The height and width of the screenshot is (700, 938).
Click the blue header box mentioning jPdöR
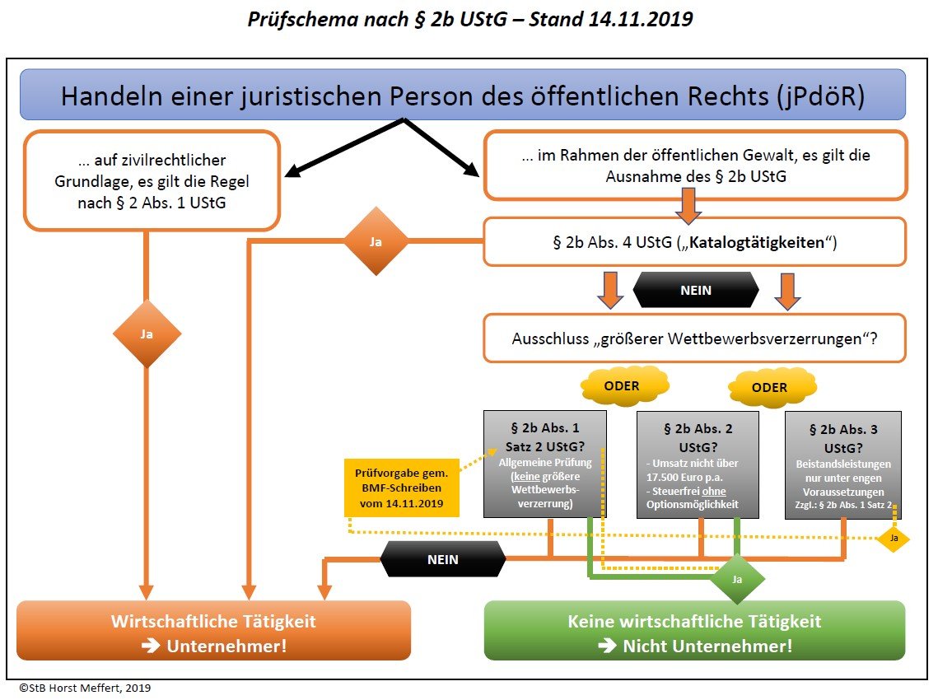(x=462, y=95)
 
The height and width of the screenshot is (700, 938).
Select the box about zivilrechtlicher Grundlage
(x=152, y=180)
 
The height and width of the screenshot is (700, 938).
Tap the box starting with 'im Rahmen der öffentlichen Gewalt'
(x=695, y=166)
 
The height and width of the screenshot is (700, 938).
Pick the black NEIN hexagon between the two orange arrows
(x=696, y=290)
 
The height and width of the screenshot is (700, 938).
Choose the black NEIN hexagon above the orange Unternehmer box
(x=442, y=559)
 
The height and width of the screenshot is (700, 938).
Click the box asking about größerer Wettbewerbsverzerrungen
(x=695, y=338)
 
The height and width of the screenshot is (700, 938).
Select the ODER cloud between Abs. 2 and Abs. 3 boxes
(x=769, y=387)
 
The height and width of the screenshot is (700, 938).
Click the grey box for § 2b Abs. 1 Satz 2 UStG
(x=545, y=464)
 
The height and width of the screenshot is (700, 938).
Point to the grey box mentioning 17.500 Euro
(x=699, y=464)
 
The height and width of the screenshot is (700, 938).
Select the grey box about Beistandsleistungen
(x=843, y=464)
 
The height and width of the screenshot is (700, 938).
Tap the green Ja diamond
(x=737, y=579)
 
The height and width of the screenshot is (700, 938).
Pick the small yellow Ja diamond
(x=893, y=539)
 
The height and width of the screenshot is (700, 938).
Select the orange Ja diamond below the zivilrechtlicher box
(x=146, y=334)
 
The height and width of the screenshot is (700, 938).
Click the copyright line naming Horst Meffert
(x=86, y=687)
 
